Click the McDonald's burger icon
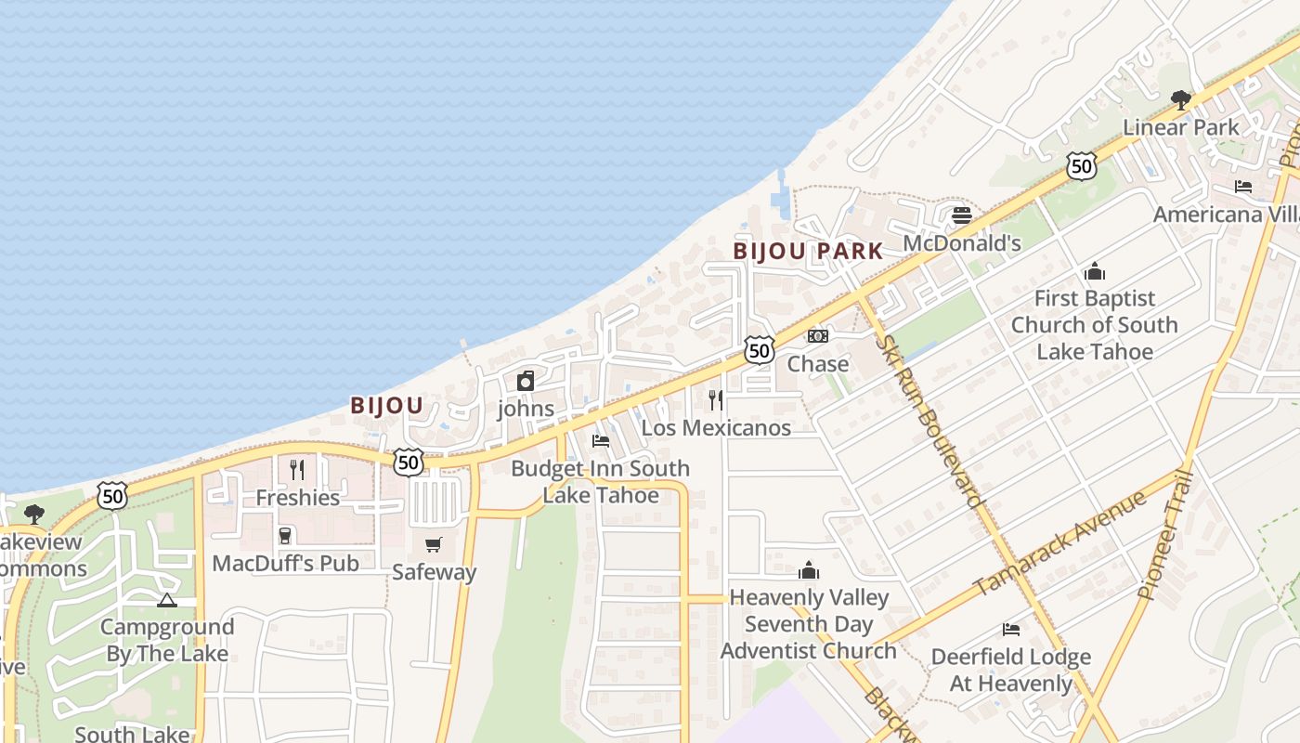pos(962,215)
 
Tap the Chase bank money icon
pos(817,336)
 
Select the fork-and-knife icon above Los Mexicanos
pos(716,400)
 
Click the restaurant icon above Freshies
pos(297,470)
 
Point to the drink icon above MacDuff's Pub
pos(285,536)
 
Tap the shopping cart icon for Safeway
pos(434,544)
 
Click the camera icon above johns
pos(526,381)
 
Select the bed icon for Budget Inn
pos(601,440)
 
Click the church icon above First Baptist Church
pos(1095,271)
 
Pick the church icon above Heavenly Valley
pos(809,570)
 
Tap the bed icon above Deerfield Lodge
pos(1011,630)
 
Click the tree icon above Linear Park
pos(1181,98)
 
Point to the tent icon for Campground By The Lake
pos(167,601)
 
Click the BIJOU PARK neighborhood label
pos(808,252)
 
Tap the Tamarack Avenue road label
pos(1059,543)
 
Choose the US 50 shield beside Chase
pos(760,350)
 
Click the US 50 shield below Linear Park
pos(1082,166)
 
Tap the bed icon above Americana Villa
pos(1243,187)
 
